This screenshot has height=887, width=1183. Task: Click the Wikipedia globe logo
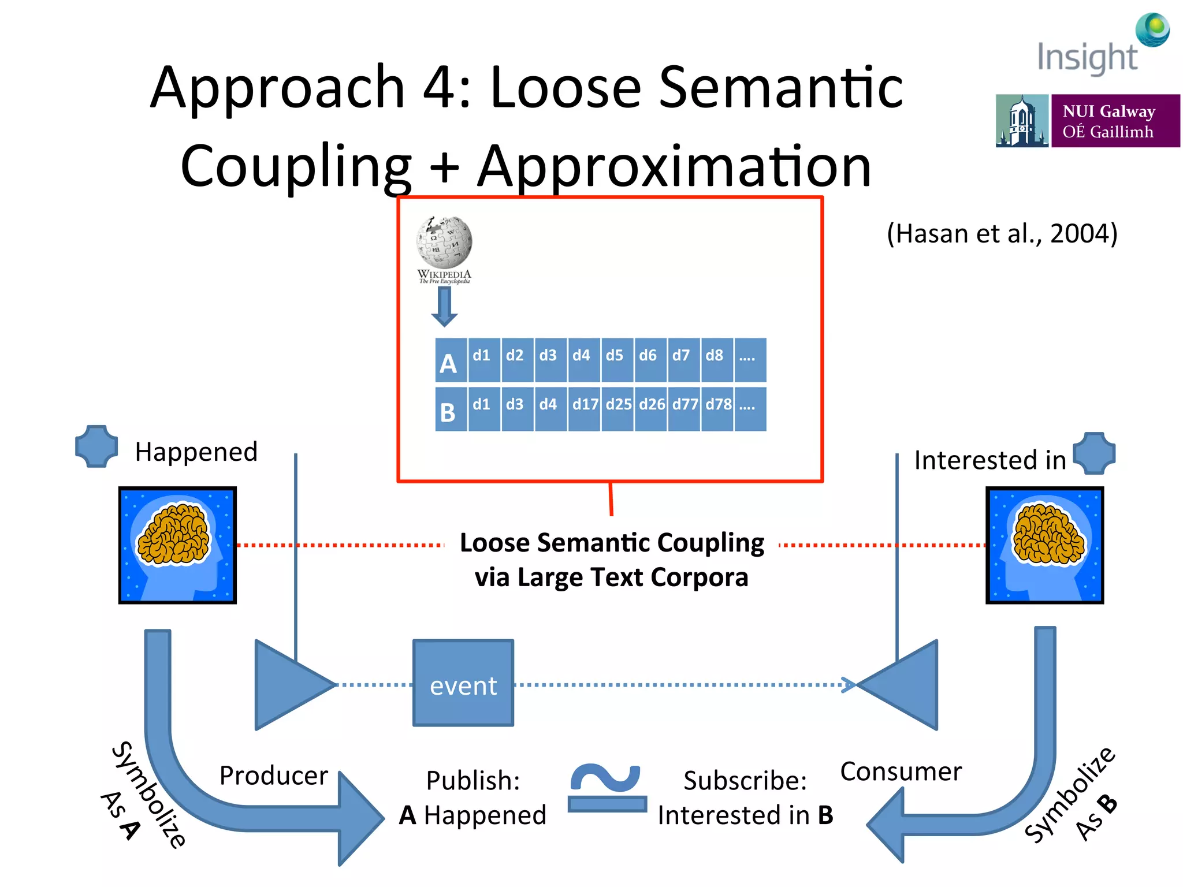[x=444, y=243]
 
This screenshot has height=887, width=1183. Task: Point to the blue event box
[x=463, y=683]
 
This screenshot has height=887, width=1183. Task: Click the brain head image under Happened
[x=177, y=545]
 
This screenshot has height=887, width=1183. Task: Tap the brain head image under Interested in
[x=1044, y=545]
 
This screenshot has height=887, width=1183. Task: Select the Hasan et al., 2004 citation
[x=1002, y=234]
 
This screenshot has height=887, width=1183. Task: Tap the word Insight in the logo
[x=1087, y=58]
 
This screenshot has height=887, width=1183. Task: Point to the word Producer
[x=273, y=776]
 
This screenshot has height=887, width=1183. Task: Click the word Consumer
[x=901, y=772]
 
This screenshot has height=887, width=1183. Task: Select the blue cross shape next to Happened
[x=96, y=446]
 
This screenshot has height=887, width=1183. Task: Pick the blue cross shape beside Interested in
[x=1094, y=453]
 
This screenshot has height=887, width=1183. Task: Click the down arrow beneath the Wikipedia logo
[x=444, y=307]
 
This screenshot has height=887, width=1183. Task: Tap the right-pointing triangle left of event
[x=289, y=685]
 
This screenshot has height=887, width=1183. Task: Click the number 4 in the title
[x=441, y=88]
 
